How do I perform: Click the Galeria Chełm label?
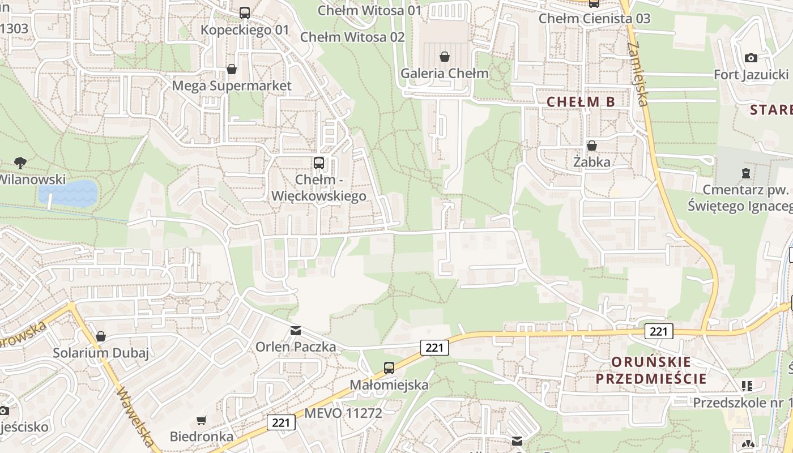(x=444, y=73)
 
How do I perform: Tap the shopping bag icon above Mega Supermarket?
(x=231, y=69)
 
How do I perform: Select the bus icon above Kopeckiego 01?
(x=244, y=12)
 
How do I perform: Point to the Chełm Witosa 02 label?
(x=352, y=37)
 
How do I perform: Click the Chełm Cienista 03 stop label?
(x=594, y=18)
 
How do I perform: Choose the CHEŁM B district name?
(x=581, y=102)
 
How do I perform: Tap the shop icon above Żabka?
(x=592, y=146)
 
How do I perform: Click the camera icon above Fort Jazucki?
(x=751, y=58)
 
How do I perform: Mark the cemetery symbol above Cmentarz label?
(x=746, y=173)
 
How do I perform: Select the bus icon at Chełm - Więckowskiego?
(x=319, y=163)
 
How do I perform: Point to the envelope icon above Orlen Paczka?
(x=295, y=331)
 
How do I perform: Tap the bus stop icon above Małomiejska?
(x=389, y=367)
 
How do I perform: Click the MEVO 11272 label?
(x=343, y=413)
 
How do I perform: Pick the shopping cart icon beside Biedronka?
(x=201, y=420)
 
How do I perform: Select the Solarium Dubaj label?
(x=101, y=353)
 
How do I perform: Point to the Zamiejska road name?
(x=638, y=68)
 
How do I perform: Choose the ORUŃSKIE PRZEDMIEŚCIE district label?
(x=651, y=370)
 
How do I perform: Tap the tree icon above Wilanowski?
(x=20, y=163)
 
